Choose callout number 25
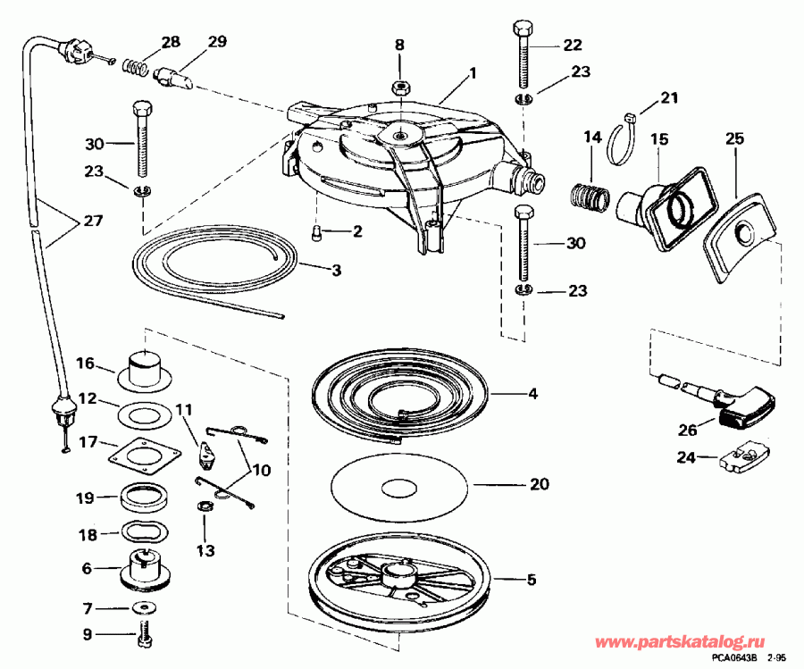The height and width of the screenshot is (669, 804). (x=734, y=140)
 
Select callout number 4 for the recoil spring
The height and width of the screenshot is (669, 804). (x=532, y=392)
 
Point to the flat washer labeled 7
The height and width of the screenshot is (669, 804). (x=140, y=607)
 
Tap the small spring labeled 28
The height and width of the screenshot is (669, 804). (x=132, y=66)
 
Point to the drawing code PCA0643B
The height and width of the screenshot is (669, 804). (x=736, y=660)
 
